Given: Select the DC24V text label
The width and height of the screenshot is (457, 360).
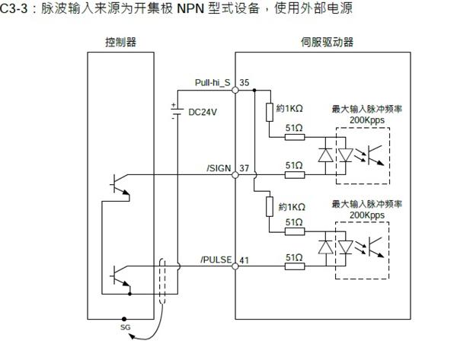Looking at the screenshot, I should [203, 112].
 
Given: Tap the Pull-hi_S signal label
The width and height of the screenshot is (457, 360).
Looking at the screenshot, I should [213, 81].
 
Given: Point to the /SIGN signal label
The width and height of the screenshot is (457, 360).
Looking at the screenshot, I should [219, 167].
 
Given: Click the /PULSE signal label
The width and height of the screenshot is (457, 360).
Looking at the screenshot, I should [216, 260].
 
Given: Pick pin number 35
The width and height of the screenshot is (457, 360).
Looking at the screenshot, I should [244, 81].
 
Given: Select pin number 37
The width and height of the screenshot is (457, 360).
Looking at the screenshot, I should [244, 167].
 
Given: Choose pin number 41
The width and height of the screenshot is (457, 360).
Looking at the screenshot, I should [244, 260].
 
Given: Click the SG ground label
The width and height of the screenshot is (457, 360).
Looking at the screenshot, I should [126, 327].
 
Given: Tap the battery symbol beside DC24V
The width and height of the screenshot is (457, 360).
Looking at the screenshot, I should [177, 111].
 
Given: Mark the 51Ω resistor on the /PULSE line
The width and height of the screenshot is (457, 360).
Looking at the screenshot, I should [295, 267].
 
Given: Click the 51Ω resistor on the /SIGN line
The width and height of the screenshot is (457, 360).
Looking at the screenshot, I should [295, 175].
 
